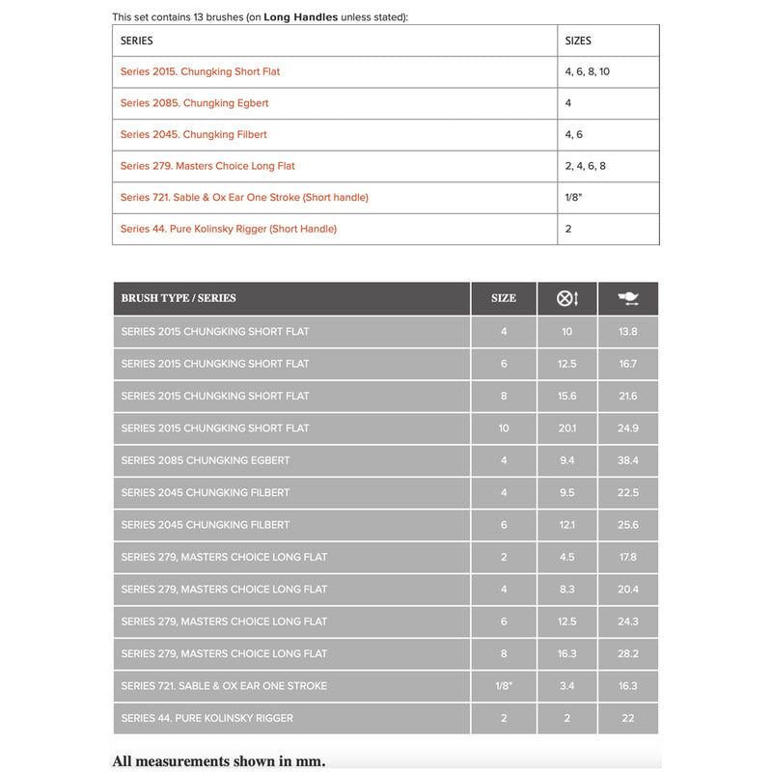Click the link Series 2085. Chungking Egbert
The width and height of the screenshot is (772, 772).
click(x=194, y=103)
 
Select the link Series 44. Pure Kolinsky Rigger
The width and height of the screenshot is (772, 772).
click(x=229, y=229)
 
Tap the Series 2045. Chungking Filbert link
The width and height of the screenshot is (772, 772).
click(x=193, y=134)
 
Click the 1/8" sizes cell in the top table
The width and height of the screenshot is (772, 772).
click(x=574, y=197)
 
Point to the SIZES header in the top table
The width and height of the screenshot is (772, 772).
click(x=578, y=41)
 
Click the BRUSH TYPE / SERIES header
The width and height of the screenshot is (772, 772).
click(x=179, y=298)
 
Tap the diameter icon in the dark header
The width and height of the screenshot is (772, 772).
click(x=567, y=298)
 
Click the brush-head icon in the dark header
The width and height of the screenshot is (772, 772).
click(x=628, y=298)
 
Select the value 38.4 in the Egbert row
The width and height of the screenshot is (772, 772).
click(x=628, y=460)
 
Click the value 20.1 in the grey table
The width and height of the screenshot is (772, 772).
click(x=567, y=427)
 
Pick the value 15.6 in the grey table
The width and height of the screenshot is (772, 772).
click(x=567, y=396)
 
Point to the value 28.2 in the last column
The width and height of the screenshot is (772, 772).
click(x=628, y=653)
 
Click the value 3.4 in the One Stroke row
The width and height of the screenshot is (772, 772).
click(x=567, y=685)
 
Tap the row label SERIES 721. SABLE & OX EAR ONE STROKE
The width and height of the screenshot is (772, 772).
click(x=224, y=685)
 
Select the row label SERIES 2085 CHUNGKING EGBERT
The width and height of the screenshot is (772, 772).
click(x=206, y=460)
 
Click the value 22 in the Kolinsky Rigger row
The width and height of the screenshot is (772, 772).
click(x=628, y=718)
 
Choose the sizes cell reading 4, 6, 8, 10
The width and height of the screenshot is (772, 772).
click(x=587, y=71)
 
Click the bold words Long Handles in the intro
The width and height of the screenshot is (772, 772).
click(x=301, y=17)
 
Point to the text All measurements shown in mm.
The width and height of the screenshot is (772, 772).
click(x=219, y=761)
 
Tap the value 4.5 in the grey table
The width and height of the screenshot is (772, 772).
click(x=567, y=557)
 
